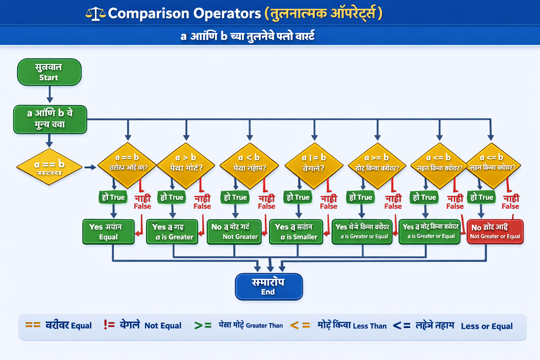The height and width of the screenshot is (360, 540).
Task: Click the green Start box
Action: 49,72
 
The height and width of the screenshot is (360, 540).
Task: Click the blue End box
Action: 269,287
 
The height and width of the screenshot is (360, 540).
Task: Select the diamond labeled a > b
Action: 186,165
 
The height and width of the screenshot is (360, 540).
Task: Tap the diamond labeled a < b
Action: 249,165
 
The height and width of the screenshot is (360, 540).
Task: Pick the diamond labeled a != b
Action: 314,165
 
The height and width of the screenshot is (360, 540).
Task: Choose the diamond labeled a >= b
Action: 377,165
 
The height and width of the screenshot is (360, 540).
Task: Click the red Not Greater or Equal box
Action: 495,232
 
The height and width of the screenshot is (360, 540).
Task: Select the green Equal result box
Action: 108,232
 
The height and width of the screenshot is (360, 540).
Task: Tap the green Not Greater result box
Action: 234,232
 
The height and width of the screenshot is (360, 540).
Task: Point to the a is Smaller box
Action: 296,232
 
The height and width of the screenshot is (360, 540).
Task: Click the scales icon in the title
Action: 95,14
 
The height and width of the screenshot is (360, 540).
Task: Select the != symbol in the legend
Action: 109,325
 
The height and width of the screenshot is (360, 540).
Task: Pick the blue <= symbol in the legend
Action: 401,326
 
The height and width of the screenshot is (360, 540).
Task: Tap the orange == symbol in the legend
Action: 33,325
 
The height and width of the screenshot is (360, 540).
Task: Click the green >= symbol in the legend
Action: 203,326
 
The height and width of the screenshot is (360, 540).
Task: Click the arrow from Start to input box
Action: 50,94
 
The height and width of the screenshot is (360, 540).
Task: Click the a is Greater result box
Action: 172,232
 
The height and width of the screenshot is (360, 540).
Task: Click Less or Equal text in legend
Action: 487,326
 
